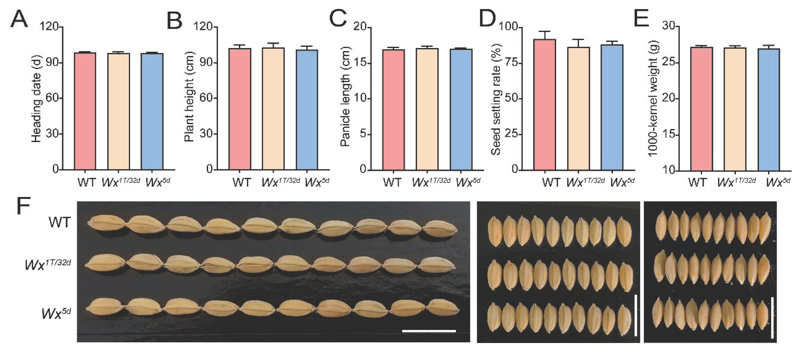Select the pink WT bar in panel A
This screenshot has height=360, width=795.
(x=85, y=111)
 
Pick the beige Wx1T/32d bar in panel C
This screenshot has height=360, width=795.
(x=427, y=109)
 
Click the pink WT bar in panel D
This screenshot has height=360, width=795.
(x=545, y=105)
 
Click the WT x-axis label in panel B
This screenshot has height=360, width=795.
(x=242, y=182)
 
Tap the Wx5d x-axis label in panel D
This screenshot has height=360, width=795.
(x=622, y=182)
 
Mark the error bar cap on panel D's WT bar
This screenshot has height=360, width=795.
(x=545, y=32)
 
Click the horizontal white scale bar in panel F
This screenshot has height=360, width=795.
(x=429, y=331)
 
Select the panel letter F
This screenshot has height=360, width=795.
(x=24, y=206)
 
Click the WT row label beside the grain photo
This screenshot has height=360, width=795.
(x=60, y=222)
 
